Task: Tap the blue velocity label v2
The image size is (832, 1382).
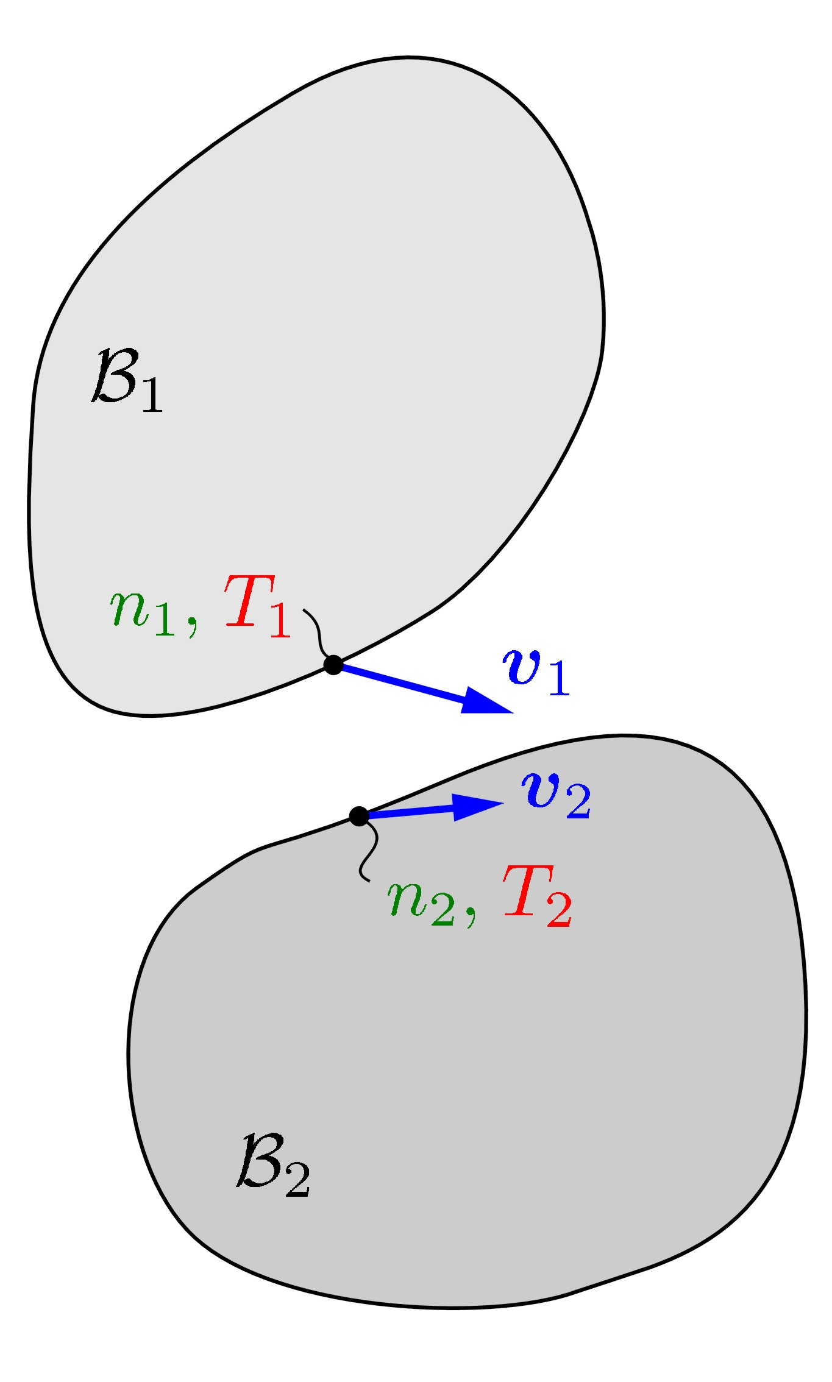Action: (x=555, y=795)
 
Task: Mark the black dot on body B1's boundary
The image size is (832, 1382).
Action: (x=333, y=664)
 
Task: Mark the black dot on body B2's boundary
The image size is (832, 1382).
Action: (x=359, y=816)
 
